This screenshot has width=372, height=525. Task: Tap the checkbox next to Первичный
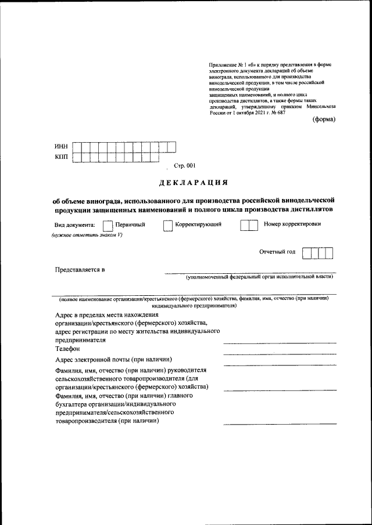[x=107, y=225]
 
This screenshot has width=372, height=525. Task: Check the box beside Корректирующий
[x=167, y=225]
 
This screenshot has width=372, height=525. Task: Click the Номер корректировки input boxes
[x=249, y=225]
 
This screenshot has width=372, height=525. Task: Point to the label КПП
[x=61, y=157]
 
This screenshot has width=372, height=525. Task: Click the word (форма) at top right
[x=324, y=120]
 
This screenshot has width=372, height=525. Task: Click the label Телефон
[x=67, y=349]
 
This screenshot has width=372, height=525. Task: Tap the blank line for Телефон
[x=280, y=353]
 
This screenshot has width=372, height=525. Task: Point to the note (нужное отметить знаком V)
[x=86, y=235]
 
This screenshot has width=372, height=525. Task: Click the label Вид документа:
[x=74, y=225]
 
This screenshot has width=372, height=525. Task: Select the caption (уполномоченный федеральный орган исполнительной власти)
[x=259, y=278]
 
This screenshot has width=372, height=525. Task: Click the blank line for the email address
[x=280, y=364]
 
